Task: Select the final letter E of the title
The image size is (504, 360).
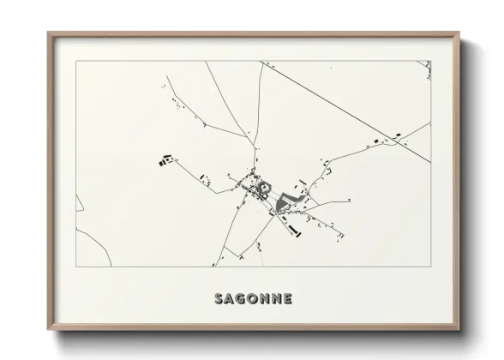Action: click(288, 299)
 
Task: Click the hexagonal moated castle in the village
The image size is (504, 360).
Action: click(263, 186)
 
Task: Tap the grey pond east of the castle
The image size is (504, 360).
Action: click(286, 203)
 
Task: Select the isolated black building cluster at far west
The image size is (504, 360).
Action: click(165, 159)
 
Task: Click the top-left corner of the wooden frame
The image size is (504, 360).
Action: click(48, 33)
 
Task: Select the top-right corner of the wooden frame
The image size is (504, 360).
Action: click(459, 33)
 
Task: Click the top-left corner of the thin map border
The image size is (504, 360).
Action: click(76, 61)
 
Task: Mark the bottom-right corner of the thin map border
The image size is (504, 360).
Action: click(430, 267)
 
